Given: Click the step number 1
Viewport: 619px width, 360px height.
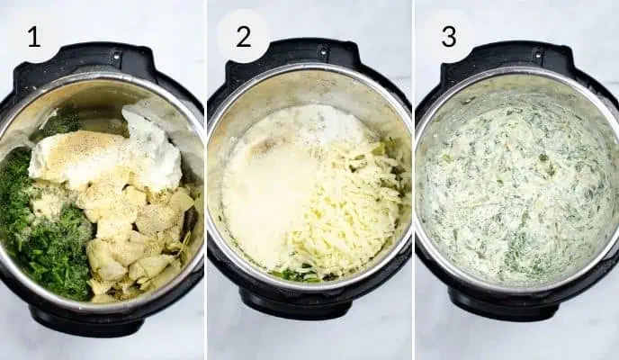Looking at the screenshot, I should pyautogui.click(x=34, y=37).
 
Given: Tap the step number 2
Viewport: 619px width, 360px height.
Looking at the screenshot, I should pyautogui.click(x=243, y=37).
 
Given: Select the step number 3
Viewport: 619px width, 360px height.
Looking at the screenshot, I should pyautogui.click(x=448, y=37).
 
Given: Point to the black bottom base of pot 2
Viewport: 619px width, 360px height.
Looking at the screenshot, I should pyautogui.click(x=306, y=310).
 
